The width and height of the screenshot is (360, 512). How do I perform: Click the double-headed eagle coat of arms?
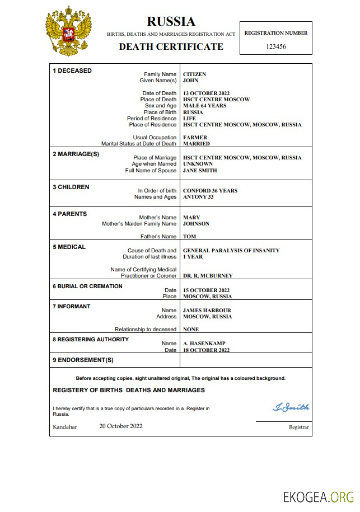[x=68, y=32]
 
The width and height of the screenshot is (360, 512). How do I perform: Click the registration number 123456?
[x=276, y=46]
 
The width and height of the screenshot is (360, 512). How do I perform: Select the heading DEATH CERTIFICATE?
[x=171, y=46]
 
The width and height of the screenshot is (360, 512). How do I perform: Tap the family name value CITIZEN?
[x=194, y=74]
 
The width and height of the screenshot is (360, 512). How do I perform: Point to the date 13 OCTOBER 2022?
[x=206, y=93]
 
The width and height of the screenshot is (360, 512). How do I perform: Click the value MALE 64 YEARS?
[x=204, y=106]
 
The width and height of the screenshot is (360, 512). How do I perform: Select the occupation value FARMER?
[x=195, y=138]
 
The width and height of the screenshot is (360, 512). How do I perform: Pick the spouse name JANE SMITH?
[x=200, y=171]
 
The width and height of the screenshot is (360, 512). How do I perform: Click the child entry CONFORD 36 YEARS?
[x=210, y=191]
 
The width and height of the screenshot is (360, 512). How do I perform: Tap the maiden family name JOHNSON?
[x=196, y=224]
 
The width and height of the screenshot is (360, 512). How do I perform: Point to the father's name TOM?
[x=189, y=237]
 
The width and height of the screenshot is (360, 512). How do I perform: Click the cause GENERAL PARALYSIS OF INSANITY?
[x=231, y=251]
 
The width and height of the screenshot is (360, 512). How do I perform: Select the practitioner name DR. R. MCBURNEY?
[x=208, y=276]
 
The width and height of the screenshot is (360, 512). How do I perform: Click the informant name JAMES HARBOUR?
[x=207, y=311]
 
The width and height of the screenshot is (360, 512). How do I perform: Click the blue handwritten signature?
[x=291, y=407]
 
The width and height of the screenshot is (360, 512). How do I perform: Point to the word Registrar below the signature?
[x=298, y=427]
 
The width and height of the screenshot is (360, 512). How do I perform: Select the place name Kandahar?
[x=65, y=426]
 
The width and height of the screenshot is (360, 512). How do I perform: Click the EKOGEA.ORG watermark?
[x=319, y=496]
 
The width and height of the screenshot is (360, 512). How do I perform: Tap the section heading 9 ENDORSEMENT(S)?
[x=83, y=360]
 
